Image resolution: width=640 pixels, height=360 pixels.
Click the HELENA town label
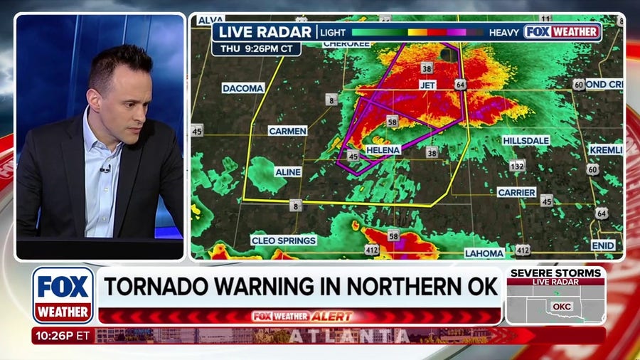383,151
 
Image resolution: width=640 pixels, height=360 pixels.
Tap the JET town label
427,85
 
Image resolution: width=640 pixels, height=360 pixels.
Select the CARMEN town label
287,131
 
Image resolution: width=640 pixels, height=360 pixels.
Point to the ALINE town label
288,172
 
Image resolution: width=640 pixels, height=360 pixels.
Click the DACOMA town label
243,88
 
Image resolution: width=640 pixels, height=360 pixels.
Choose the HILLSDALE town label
526,141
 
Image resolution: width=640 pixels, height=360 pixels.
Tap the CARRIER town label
516,192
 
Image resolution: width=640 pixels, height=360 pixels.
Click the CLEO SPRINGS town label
284,240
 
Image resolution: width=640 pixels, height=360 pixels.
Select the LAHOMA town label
484,253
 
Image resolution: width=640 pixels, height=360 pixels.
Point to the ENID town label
603,245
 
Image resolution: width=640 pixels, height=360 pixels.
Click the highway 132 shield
517,166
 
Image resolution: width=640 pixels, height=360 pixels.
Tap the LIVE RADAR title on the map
265,32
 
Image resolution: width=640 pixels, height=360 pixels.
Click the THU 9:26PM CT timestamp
256,49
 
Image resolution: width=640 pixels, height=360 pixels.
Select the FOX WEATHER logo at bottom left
63,295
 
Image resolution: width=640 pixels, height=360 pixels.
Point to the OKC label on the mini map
562,307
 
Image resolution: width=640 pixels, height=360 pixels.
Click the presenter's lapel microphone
105,169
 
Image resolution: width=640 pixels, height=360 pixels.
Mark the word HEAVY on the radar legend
504,32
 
